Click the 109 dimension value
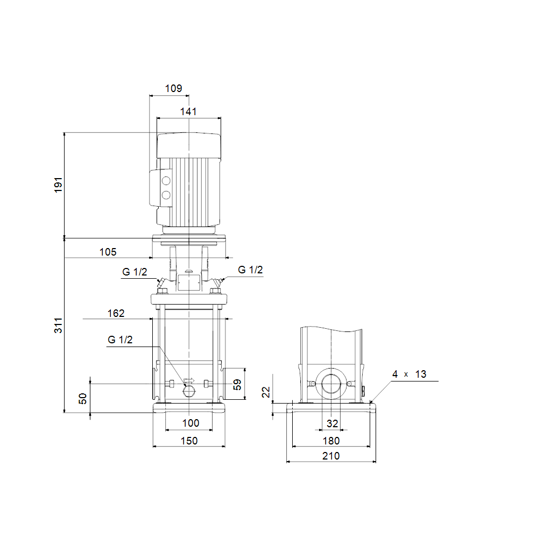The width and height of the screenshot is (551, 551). (174, 88)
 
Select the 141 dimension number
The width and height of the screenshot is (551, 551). (188, 111)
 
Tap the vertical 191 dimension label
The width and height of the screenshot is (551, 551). (58, 185)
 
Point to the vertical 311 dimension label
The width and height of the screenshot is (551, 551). (58, 326)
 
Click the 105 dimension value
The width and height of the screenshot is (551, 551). (108, 252)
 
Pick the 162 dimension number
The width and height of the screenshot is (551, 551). (116, 313)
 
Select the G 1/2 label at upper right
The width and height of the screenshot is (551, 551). (250, 270)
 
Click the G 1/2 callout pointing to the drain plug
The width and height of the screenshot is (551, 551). (120, 340)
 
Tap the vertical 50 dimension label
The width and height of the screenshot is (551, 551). (82, 399)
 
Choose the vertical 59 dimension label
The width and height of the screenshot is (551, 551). (237, 384)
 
